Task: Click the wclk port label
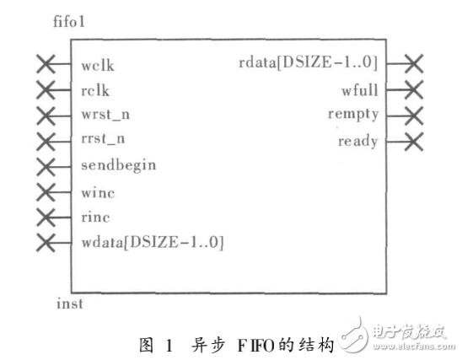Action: click(99, 64)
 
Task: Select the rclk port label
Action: click(96, 89)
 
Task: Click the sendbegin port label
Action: click(118, 164)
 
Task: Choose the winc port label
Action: click(98, 192)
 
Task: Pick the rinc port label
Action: click(96, 218)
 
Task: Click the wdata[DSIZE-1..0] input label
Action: click(153, 243)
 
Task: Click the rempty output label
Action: click(353, 115)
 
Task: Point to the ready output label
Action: click(358, 140)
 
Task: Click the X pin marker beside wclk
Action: click(47, 64)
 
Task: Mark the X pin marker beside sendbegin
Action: click(47, 165)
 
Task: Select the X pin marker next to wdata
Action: click(47, 244)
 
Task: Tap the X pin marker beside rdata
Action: click(412, 62)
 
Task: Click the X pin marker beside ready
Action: click(412, 141)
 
